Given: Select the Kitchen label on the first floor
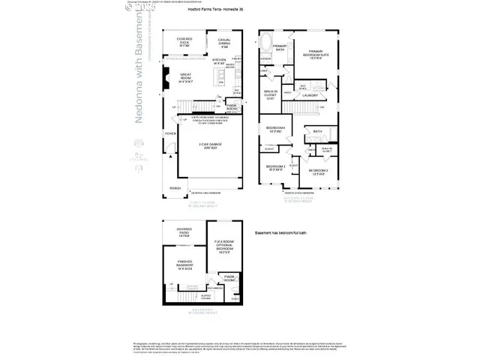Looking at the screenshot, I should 220,62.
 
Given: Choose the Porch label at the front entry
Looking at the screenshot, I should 175,188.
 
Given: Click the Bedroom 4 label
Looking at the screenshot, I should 274,130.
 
